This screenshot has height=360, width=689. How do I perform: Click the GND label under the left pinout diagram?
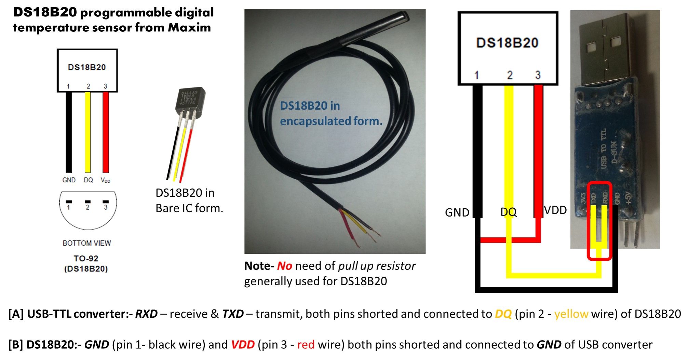69,180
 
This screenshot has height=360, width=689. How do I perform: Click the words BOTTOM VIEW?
87,243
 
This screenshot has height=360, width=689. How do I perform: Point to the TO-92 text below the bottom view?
86,259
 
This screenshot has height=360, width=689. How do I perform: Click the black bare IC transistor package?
190,99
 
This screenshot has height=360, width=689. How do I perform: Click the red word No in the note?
284,266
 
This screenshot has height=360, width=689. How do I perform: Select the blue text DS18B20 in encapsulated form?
330,113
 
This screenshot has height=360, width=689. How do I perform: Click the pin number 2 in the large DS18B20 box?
510,75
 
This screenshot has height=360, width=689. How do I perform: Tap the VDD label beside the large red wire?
555,210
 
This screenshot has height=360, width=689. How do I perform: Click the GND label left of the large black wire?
457,212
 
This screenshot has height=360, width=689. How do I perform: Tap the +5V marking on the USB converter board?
629,198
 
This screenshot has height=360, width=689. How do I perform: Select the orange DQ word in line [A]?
503,314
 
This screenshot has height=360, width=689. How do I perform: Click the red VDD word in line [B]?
243,345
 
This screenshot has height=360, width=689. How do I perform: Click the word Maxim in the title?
189,27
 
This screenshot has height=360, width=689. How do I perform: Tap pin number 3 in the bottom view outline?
106,207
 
